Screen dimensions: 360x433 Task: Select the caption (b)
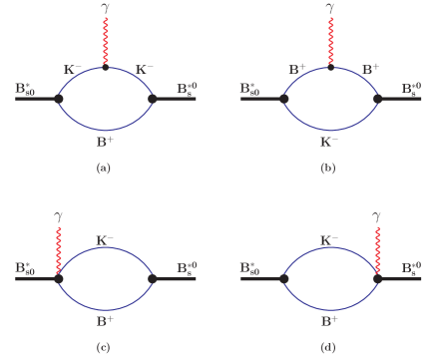coord(327,169)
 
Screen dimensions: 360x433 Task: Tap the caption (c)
coord(103,347)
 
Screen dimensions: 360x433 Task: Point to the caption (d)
coord(327,347)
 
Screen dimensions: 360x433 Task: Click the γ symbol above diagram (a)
coord(106,8)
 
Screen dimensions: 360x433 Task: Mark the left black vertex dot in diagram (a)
coord(59,99)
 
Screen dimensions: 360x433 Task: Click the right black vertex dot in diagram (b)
coord(377,99)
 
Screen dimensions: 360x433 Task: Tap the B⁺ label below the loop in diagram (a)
coord(105,143)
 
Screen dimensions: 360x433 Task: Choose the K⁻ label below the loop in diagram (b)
coord(328,143)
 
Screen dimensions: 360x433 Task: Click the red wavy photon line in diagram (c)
coord(59,249)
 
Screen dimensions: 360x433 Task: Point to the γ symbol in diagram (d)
coord(376,215)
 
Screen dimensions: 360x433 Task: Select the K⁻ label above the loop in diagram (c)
coord(105,240)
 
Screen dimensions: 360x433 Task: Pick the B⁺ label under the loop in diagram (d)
coord(328,321)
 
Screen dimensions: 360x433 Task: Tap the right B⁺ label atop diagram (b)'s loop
coord(371,69)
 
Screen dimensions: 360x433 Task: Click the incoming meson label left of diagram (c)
coord(26,268)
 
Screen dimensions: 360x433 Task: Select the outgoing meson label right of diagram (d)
coord(409,268)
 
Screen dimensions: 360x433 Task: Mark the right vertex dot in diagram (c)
coord(153,279)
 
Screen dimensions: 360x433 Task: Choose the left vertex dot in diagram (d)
coord(283,279)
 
